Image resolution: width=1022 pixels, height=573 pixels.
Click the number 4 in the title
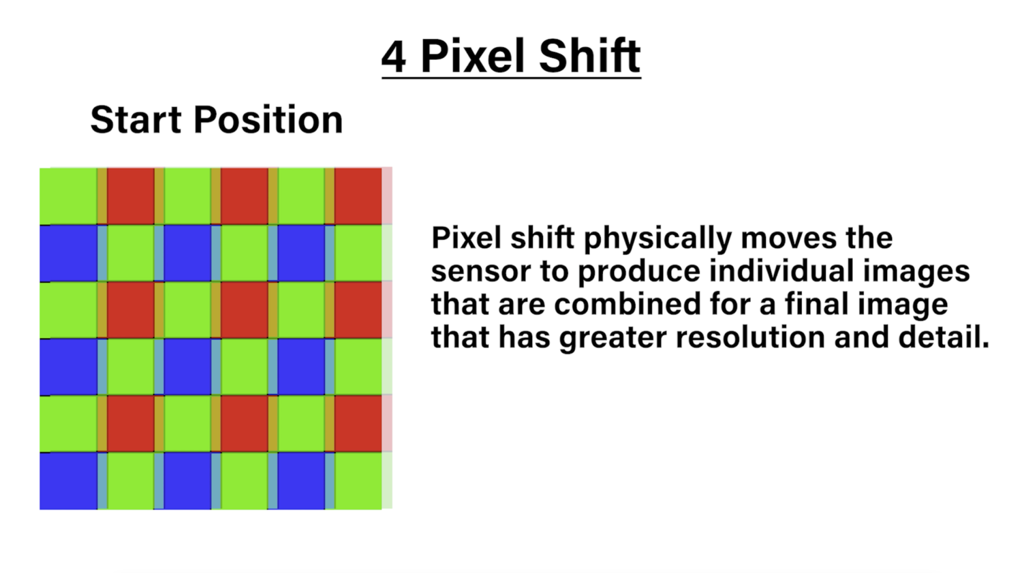[x=394, y=57]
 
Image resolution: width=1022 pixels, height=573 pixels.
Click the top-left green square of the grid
[x=68, y=196]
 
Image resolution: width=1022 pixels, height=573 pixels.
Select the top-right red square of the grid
[x=358, y=196]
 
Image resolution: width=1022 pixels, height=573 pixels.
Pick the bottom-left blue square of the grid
[x=68, y=481]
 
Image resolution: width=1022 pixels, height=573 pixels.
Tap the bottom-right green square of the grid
[x=358, y=481]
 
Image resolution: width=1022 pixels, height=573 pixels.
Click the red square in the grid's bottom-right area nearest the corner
[x=358, y=424]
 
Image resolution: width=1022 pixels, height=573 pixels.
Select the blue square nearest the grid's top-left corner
[x=68, y=253]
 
